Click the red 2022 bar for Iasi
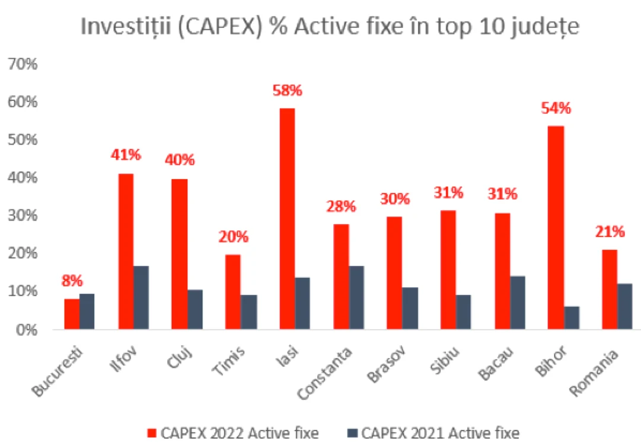click(287, 219)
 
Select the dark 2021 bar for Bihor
click(572, 318)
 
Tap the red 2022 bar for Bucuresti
click(72, 314)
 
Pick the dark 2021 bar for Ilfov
click(141, 298)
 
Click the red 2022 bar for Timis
click(233, 292)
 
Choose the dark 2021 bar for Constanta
click(356, 298)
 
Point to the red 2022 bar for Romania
click(610, 290)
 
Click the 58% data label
click(288, 90)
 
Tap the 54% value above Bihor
click(556, 109)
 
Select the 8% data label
click(72, 281)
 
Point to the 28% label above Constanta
click(341, 206)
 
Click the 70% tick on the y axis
click(23, 64)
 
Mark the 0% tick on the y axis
click(27, 330)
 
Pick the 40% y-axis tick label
click(23, 177)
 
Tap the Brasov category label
click(387, 364)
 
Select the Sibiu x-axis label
click(445, 360)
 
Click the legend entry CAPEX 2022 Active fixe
click(233, 433)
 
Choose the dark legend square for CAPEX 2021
click(352, 433)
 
